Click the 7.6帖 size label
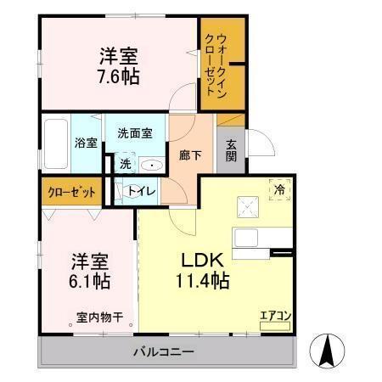118,76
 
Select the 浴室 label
85,143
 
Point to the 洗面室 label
135,133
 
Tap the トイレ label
141,192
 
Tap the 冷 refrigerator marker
278,189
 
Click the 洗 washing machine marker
124,164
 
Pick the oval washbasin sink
150,166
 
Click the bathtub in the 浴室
57,144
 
